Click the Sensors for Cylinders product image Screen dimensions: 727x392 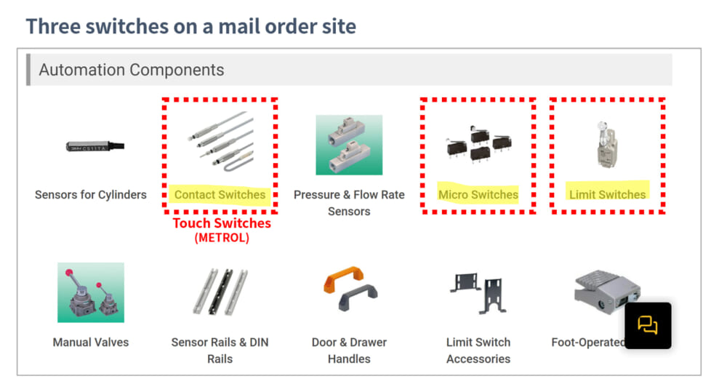click(x=95, y=147)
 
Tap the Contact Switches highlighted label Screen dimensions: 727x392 click(x=220, y=194)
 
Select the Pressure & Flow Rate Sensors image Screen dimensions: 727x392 click(x=349, y=145)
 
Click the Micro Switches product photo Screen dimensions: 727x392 click(x=478, y=144)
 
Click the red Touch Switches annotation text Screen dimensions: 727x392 click(x=222, y=223)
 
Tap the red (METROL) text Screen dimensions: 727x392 click(x=222, y=238)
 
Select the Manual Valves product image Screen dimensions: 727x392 click(x=91, y=292)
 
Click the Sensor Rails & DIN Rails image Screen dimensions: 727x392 click(x=220, y=292)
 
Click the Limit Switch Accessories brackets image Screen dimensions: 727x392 click(x=478, y=292)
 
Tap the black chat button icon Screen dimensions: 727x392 click(x=648, y=325)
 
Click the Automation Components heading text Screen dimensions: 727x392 click(x=131, y=70)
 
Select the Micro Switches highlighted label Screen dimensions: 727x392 click(x=478, y=194)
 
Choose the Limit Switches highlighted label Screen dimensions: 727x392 click(x=607, y=194)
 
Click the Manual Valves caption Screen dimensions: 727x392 click(x=91, y=343)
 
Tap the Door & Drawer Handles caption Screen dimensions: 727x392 click(x=349, y=351)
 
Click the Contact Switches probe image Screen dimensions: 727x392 click(x=221, y=140)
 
